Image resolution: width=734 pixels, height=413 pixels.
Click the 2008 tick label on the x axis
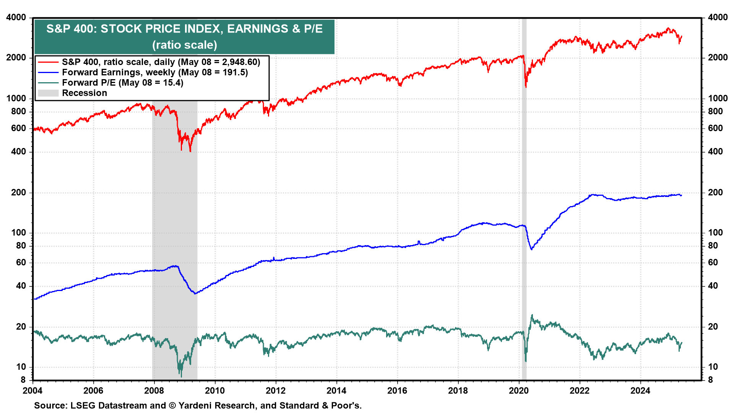tap(154, 390)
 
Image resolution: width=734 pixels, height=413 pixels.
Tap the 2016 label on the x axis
tap(397, 390)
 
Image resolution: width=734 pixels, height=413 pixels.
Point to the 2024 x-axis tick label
tap(640, 390)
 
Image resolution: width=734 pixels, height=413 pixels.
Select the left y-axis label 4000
tap(16, 18)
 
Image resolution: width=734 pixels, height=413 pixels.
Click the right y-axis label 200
tap(715, 192)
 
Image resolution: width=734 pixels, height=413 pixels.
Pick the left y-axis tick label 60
tap(21, 262)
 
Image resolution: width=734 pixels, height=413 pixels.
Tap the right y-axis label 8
tap(710, 380)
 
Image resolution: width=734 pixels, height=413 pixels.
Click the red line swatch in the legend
tap(48, 62)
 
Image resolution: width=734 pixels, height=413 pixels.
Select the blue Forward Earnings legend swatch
tap(48, 72)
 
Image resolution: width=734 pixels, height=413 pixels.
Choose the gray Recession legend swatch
tap(48, 93)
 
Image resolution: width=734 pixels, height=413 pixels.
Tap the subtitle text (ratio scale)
tap(185, 45)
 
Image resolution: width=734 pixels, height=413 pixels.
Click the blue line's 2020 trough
tap(531, 249)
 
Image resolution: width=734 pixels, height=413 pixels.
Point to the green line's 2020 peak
tap(532, 315)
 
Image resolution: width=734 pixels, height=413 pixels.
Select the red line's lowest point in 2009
tap(190, 151)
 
